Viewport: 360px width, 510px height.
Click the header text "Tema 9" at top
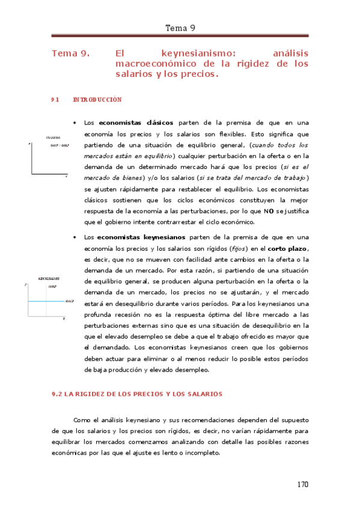click(180, 28)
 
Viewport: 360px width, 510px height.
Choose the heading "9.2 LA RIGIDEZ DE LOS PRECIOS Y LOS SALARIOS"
click(138, 394)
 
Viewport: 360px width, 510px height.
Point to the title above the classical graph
click(53, 138)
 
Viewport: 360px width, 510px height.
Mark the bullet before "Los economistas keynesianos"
click(74, 238)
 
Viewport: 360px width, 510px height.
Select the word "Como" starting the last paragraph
click(81, 420)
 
